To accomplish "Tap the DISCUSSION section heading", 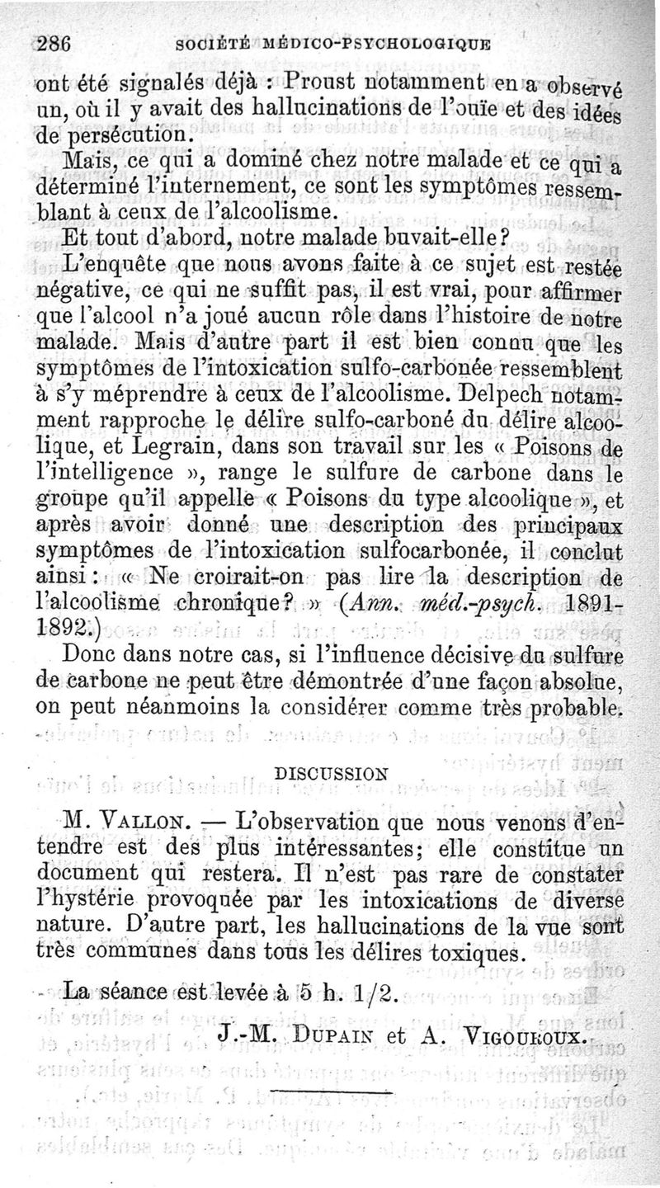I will (x=331, y=774).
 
